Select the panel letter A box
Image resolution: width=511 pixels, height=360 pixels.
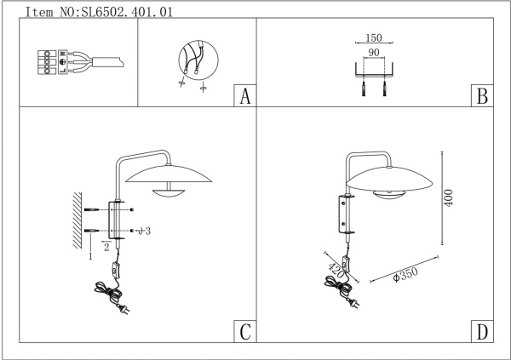(244, 96)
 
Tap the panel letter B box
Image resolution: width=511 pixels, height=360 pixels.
(481, 96)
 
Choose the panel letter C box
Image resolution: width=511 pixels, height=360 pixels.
(244, 332)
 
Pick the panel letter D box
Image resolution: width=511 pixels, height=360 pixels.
(481, 332)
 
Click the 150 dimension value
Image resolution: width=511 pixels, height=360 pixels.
(372, 38)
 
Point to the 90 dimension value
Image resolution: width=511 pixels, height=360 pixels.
(373, 54)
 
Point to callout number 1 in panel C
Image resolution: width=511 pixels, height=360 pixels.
(89, 255)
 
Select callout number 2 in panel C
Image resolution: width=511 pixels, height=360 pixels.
(106, 245)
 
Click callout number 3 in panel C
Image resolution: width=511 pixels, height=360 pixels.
(147, 231)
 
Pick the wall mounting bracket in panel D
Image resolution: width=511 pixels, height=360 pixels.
(346, 214)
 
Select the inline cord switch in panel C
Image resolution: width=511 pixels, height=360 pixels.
(115, 271)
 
